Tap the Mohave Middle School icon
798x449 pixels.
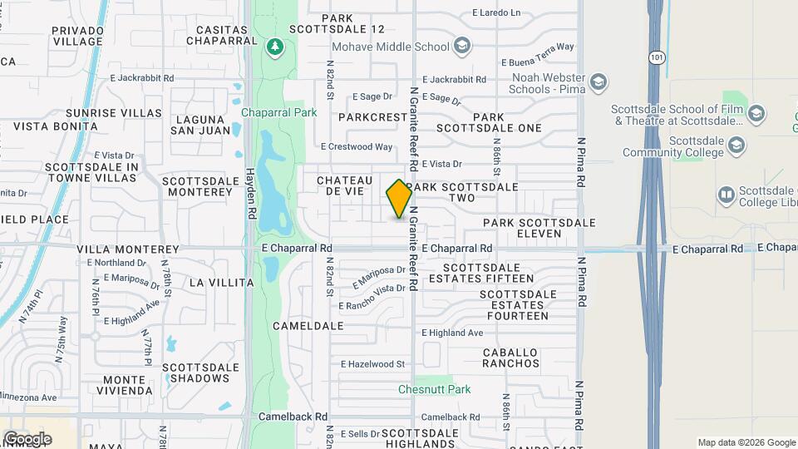pyautogui.click(x=463, y=46)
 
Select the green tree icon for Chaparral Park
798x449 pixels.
pyautogui.click(x=274, y=46)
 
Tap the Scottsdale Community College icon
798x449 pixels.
pyautogui.click(x=736, y=146)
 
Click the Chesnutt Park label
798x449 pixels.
pyautogui.click(x=434, y=389)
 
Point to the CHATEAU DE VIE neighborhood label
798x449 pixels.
pyautogui.click(x=342, y=185)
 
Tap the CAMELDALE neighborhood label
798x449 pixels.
pyautogui.click(x=308, y=326)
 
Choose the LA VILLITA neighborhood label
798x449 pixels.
pyautogui.click(x=221, y=283)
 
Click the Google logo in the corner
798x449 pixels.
pyautogui.click(x=27, y=438)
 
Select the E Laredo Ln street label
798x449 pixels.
pyautogui.click(x=495, y=12)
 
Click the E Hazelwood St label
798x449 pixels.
pyautogui.click(x=372, y=364)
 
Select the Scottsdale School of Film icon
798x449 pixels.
pyautogui.click(x=756, y=114)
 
